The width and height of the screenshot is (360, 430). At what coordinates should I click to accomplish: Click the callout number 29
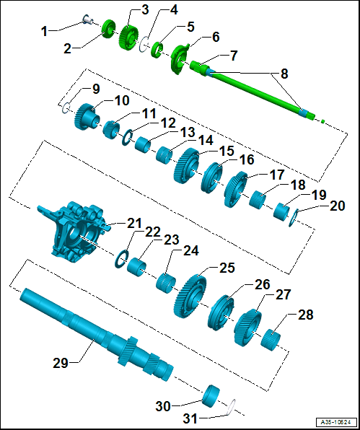[x=60, y=363]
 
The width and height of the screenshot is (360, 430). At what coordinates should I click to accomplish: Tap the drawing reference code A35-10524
[x=337, y=421]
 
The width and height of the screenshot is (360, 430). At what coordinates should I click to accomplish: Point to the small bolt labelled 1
[x=88, y=19]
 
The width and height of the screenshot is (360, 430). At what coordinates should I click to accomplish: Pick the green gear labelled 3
[x=128, y=37]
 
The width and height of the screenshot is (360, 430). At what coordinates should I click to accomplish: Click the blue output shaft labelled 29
[x=96, y=335]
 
